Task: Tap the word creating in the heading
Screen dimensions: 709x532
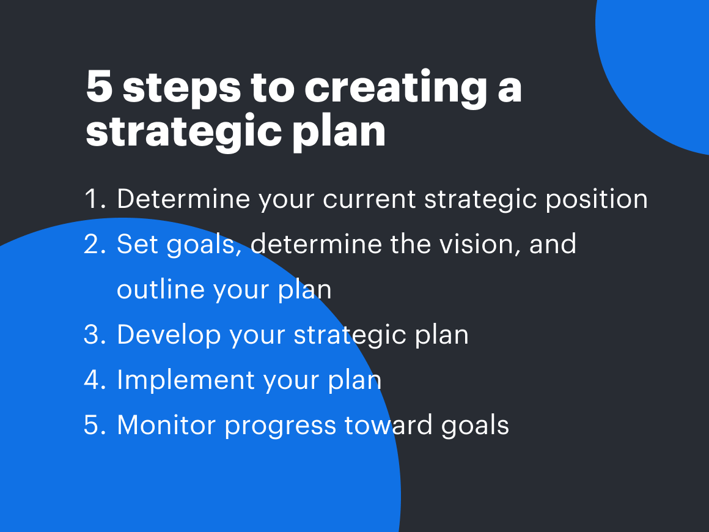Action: (396, 89)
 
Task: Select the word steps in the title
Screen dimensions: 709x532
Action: (182, 89)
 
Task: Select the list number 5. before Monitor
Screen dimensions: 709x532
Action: (95, 425)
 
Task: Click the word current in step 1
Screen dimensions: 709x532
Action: (369, 199)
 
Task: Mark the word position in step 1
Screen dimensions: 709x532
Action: (597, 201)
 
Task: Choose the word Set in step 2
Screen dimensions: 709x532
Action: (138, 244)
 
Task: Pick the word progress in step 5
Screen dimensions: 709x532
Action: (281, 427)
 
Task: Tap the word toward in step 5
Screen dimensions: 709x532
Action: (388, 425)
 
